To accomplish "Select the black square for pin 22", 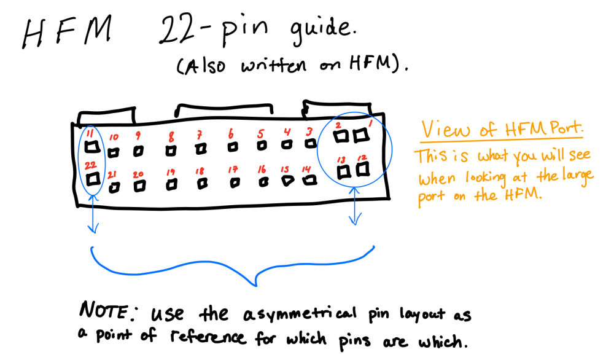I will pyautogui.click(x=93, y=179).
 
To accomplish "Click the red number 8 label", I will pyautogui.click(x=171, y=136).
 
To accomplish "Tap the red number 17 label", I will pyautogui.click(x=233, y=169).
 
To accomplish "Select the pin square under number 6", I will pyautogui.click(x=233, y=147).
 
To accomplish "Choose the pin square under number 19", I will pyautogui.click(x=173, y=183).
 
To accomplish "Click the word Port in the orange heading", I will pyautogui.click(x=564, y=130).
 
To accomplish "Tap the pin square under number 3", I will pyautogui.click(x=309, y=144).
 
